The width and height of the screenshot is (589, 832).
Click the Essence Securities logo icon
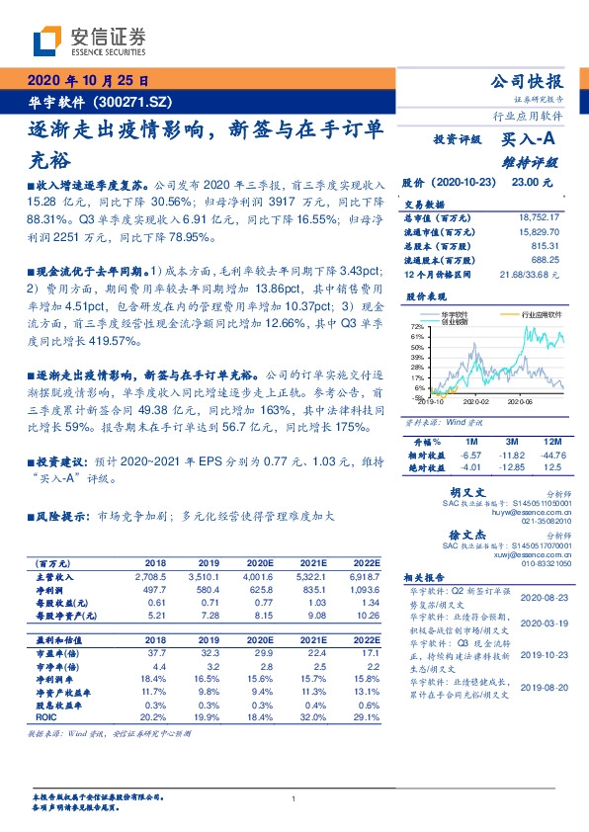[x=46, y=41]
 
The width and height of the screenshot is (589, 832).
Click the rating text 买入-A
[x=525, y=140]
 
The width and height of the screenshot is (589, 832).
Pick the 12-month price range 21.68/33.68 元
[x=532, y=273]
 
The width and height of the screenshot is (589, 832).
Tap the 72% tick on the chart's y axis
[x=417, y=325]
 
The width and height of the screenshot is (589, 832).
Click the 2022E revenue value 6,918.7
[x=362, y=574]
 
